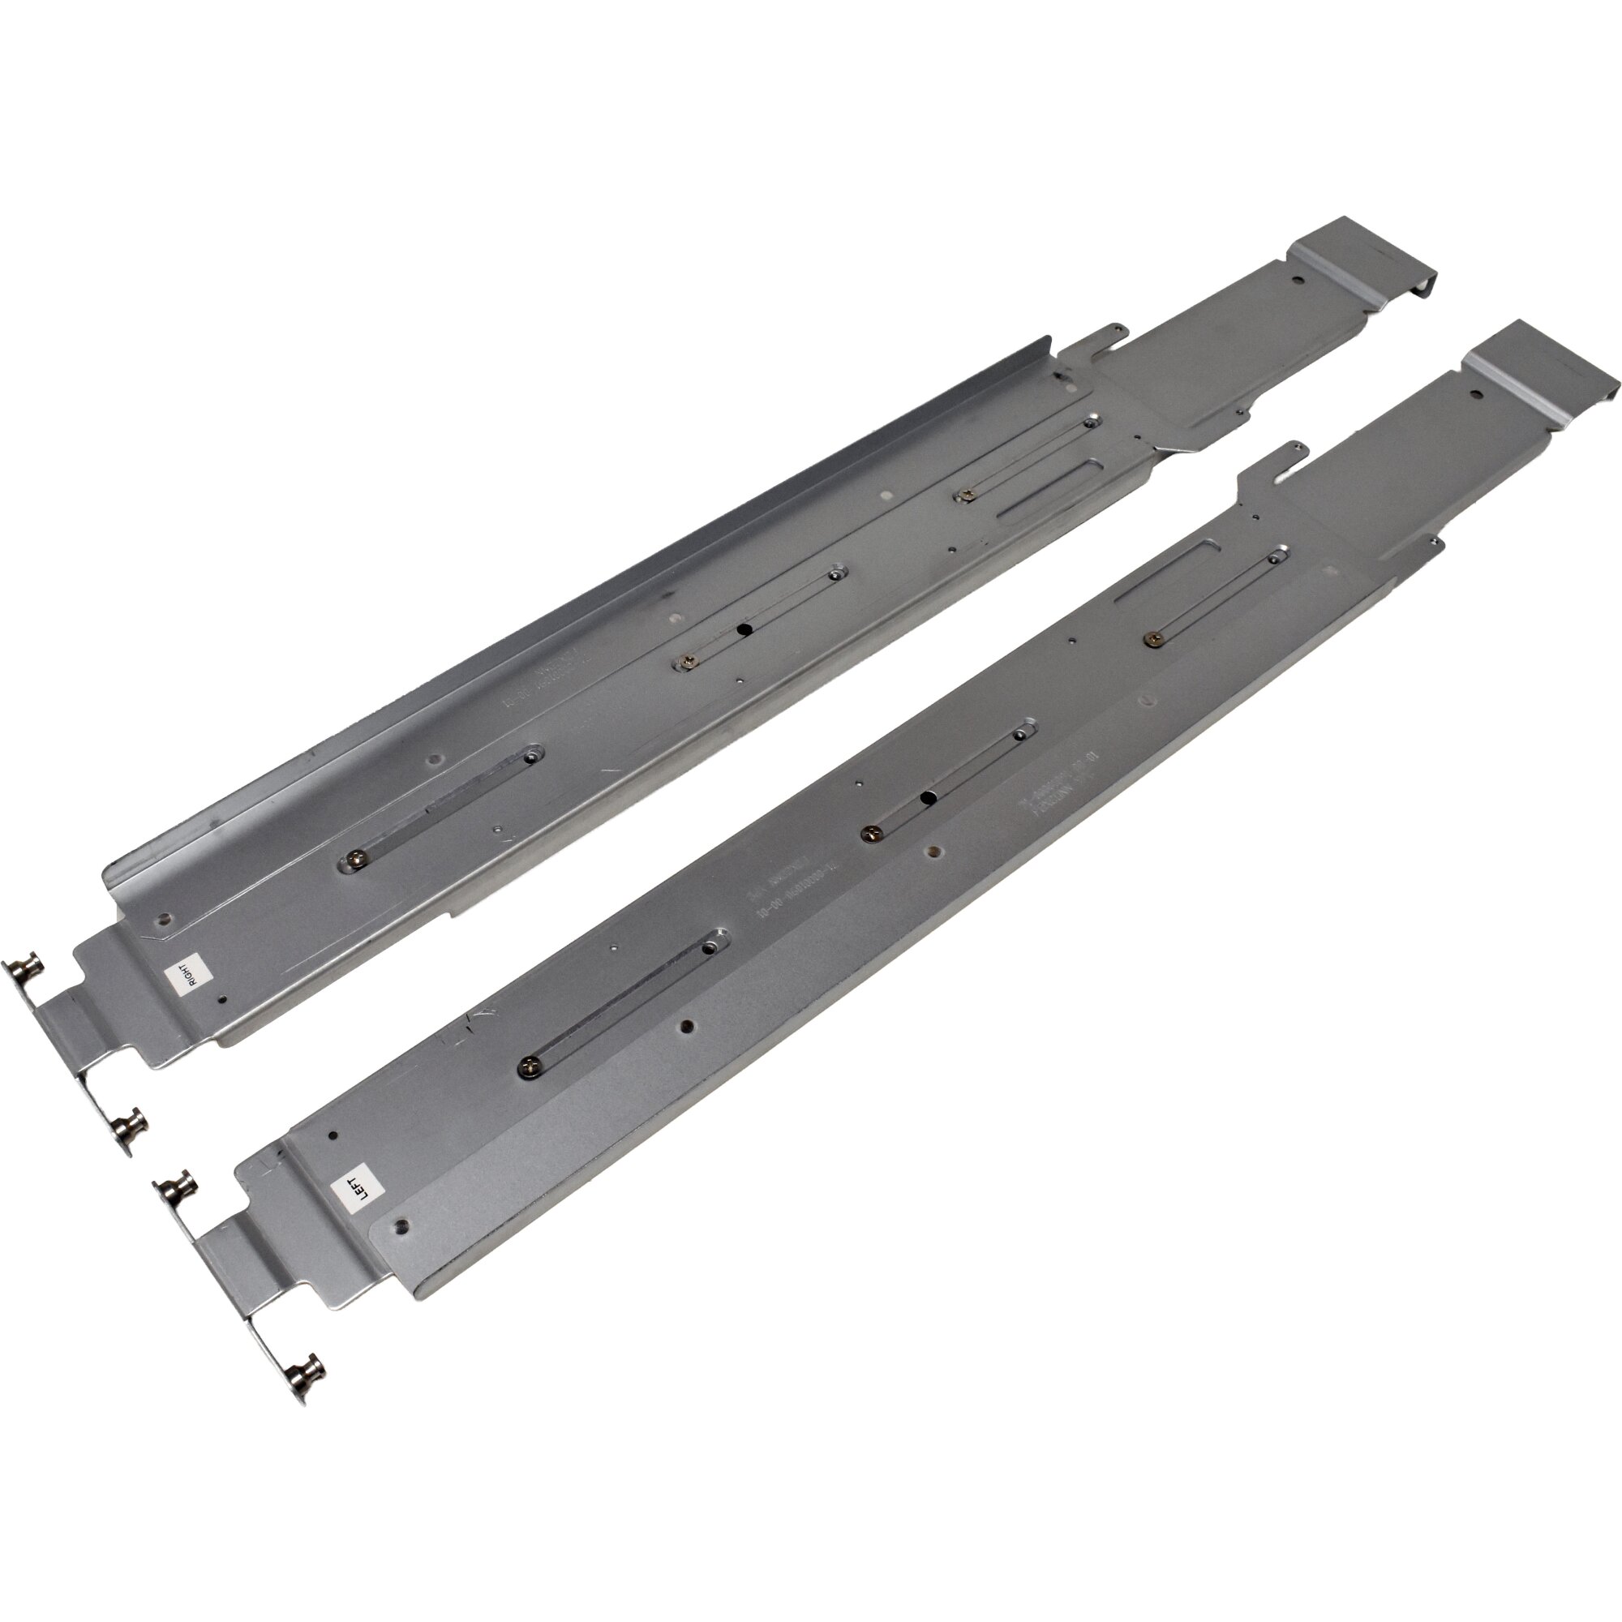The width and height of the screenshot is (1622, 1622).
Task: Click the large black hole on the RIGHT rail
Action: (x=743, y=629)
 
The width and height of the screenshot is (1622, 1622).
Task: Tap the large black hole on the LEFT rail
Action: (x=927, y=796)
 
